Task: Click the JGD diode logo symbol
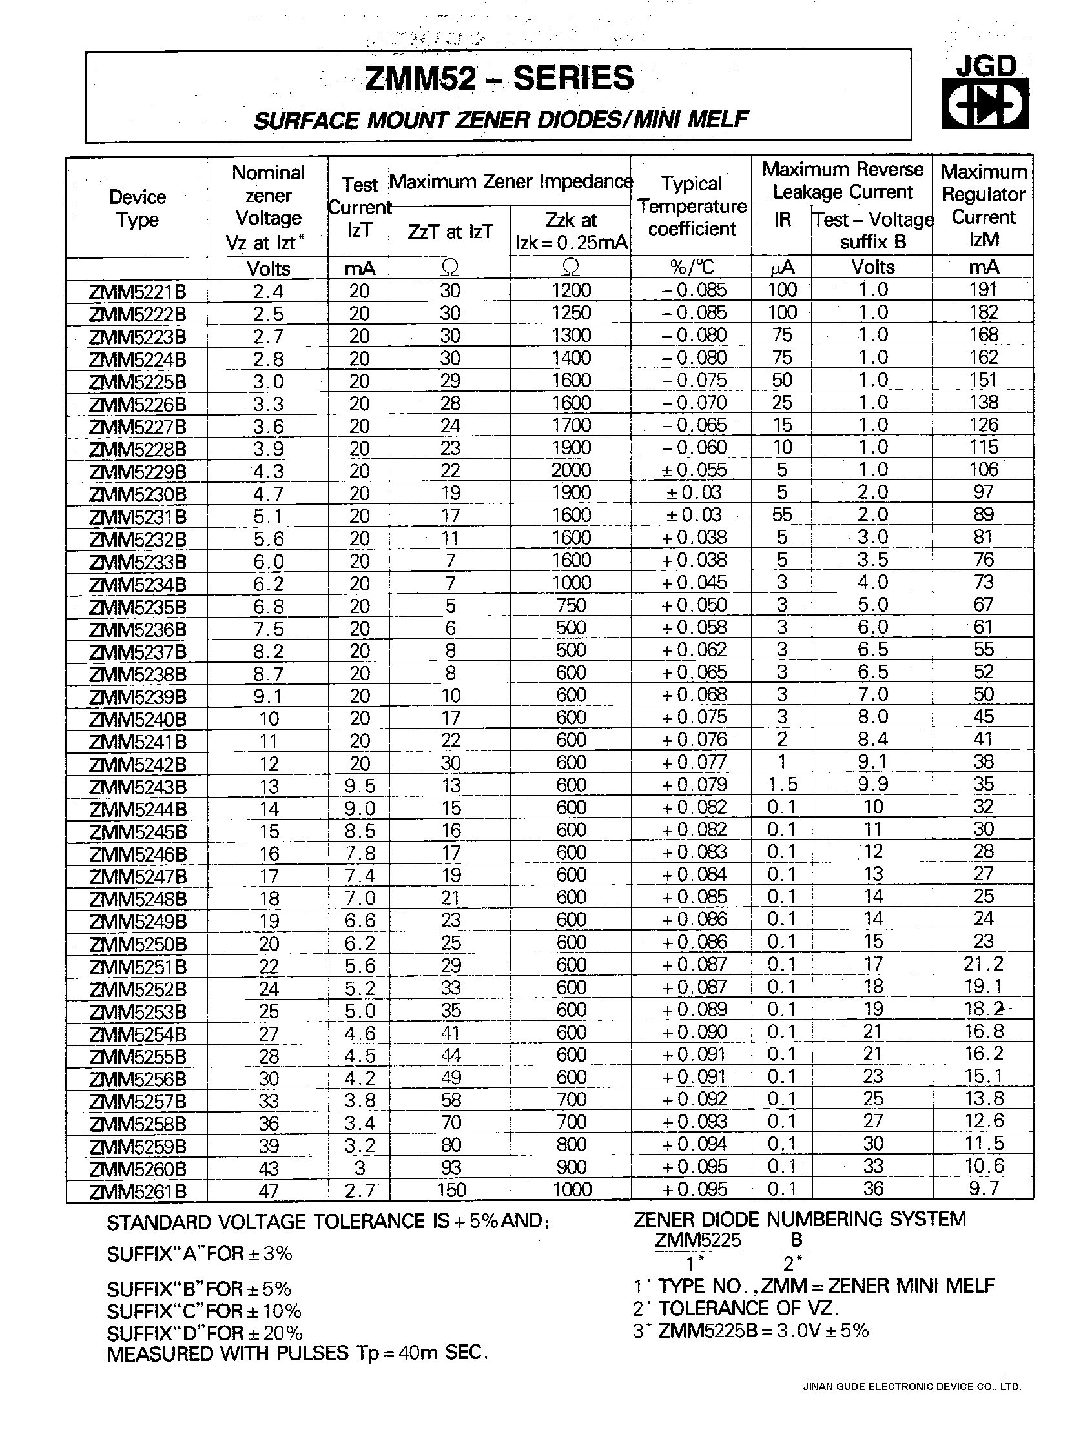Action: (x=984, y=104)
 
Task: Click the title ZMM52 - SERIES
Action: (x=499, y=78)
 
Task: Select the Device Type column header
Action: (x=138, y=208)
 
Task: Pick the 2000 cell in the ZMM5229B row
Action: (x=571, y=470)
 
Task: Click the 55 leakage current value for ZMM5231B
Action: (x=782, y=515)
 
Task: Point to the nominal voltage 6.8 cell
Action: (x=267, y=607)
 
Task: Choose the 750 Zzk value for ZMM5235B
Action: (x=571, y=605)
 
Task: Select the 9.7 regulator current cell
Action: (x=983, y=1188)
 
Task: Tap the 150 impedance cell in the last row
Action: (x=449, y=1190)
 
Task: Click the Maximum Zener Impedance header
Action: (x=510, y=182)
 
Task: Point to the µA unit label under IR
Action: (x=781, y=267)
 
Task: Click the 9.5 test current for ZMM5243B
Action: (x=359, y=786)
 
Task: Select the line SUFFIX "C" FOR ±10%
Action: (x=204, y=1311)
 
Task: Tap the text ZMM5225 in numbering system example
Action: (x=697, y=1242)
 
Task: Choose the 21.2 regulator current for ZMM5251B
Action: (x=983, y=964)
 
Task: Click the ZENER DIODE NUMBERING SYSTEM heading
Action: (x=799, y=1220)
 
